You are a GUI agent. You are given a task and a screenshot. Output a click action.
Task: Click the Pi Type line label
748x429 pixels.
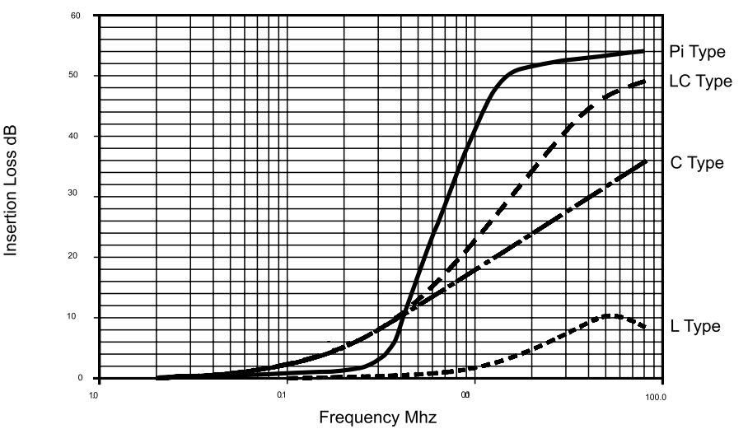coord(697,53)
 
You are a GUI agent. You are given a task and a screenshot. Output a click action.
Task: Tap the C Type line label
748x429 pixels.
coord(697,162)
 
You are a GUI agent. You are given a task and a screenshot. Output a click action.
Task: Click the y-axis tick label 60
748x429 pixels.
coord(75,16)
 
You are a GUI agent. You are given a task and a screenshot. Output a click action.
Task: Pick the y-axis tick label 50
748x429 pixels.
coord(75,76)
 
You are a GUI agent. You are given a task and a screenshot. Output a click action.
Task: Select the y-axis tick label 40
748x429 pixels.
coord(75,136)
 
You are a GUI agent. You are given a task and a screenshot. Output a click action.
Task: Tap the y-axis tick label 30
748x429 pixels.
coord(75,197)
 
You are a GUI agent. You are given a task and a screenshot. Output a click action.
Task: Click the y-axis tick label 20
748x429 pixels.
coord(75,257)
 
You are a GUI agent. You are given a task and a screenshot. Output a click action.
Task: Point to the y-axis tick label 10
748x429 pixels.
coord(75,318)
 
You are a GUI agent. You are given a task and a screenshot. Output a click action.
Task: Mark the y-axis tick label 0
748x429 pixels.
coord(80,379)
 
